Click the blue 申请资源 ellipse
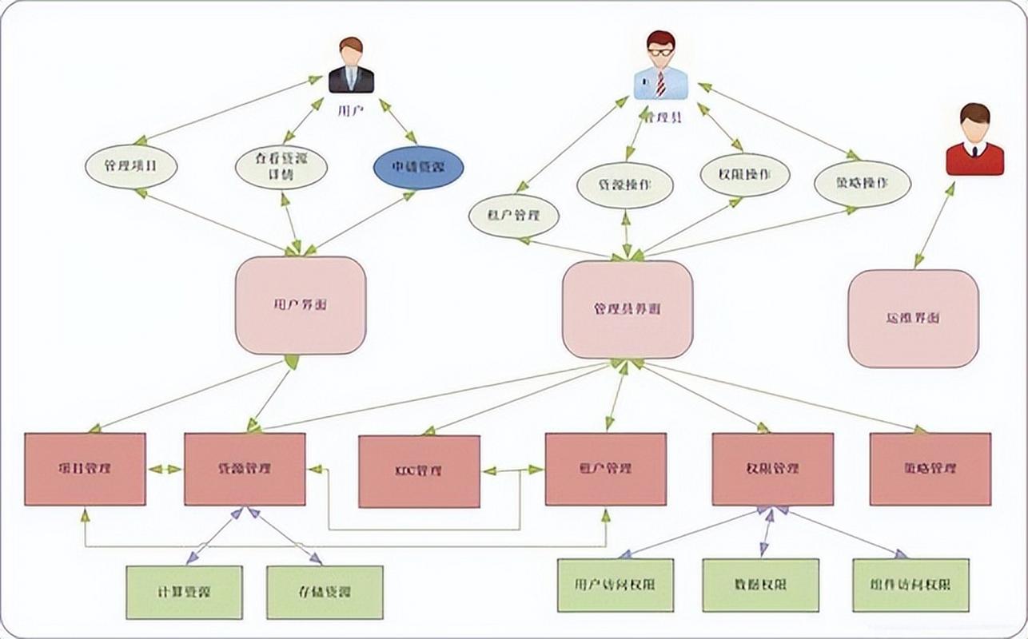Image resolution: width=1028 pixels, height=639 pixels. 418,168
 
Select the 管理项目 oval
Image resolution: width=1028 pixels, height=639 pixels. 130,168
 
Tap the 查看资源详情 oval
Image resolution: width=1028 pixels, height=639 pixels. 282,168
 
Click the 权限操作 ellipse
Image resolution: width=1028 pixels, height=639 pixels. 745,175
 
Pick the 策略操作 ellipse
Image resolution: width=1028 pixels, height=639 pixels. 863,184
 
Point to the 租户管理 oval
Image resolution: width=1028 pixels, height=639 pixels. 513,215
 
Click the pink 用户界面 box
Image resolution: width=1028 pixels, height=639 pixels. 300,305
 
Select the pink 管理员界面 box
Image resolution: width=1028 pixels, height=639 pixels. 628,309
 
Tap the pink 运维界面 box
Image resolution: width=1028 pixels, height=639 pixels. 913,318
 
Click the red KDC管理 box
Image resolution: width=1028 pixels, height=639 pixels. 419,471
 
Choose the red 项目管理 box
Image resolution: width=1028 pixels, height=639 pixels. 85,469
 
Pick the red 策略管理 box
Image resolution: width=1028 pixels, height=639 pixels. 930,469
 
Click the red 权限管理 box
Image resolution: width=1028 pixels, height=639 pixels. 772,469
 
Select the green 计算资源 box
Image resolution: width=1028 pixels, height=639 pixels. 184,593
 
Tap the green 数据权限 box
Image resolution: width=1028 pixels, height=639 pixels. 760,585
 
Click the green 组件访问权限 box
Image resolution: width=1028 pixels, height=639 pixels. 910,585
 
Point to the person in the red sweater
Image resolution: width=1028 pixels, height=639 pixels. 974,140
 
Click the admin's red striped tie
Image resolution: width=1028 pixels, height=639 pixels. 660,82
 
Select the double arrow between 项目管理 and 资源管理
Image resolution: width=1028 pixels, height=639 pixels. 165,469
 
